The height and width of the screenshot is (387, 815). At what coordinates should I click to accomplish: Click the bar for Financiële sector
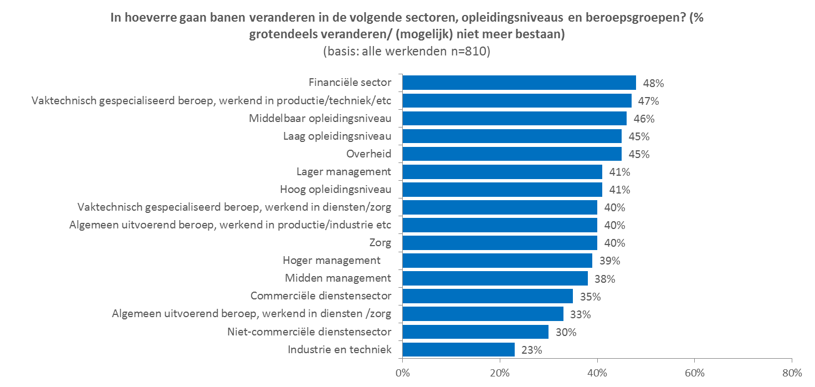point(519,83)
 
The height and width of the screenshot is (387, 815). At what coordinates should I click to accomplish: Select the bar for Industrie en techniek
point(458,349)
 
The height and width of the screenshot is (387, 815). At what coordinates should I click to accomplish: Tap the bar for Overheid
point(511,154)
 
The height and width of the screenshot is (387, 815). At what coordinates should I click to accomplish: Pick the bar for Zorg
point(499,243)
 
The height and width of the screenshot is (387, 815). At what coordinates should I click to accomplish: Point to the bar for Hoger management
point(497,261)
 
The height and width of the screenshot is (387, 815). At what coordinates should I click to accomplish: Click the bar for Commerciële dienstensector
point(487,296)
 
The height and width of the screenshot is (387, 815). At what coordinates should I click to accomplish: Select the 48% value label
point(653,83)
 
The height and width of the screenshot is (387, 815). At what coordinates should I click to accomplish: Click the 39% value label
point(609,261)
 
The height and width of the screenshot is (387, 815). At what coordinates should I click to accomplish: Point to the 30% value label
point(566,332)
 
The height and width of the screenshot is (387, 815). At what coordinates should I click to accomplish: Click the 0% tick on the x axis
point(403,372)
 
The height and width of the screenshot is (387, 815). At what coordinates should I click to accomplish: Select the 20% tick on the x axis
point(500,372)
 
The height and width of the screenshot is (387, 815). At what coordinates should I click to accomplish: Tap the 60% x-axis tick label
point(695,372)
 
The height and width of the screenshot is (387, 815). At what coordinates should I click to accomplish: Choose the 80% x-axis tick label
point(792,372)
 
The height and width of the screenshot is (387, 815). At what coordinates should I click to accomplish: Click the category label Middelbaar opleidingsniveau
point(320,119)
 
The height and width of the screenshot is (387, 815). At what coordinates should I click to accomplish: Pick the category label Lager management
point(344,172)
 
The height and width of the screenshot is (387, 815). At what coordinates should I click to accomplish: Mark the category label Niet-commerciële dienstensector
point(309,332)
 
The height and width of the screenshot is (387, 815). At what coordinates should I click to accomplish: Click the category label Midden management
point(337,278)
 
